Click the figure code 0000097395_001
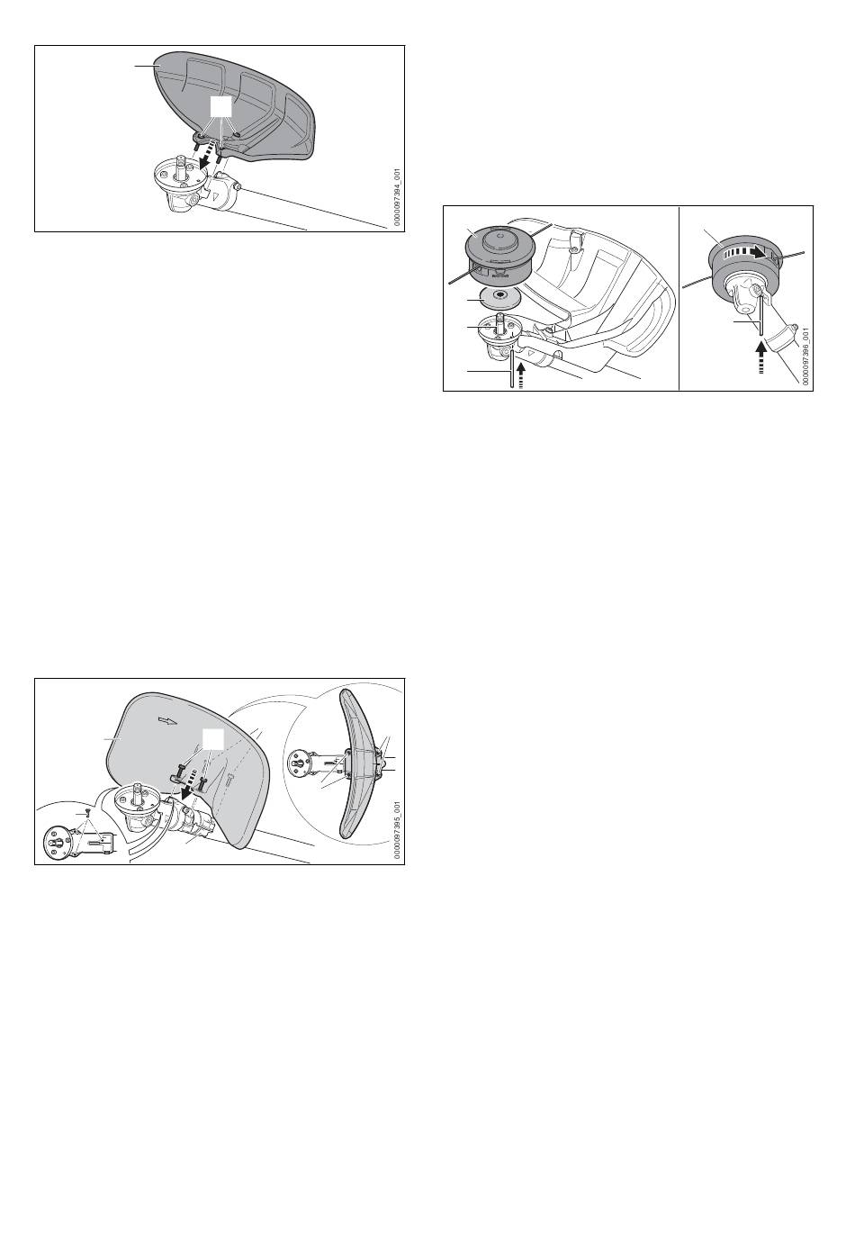398,830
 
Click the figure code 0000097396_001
806,357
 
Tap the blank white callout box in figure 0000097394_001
220,109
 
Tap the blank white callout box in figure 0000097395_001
212,739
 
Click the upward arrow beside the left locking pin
521,374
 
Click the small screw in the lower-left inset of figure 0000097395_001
88,812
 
